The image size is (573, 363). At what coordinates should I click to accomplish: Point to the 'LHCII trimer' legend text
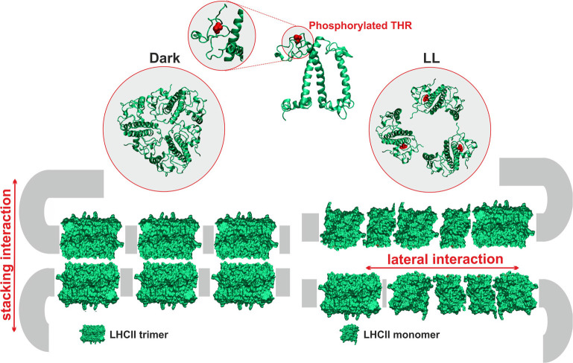[138, 335]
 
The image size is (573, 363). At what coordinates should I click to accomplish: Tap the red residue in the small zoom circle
[218, 28]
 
